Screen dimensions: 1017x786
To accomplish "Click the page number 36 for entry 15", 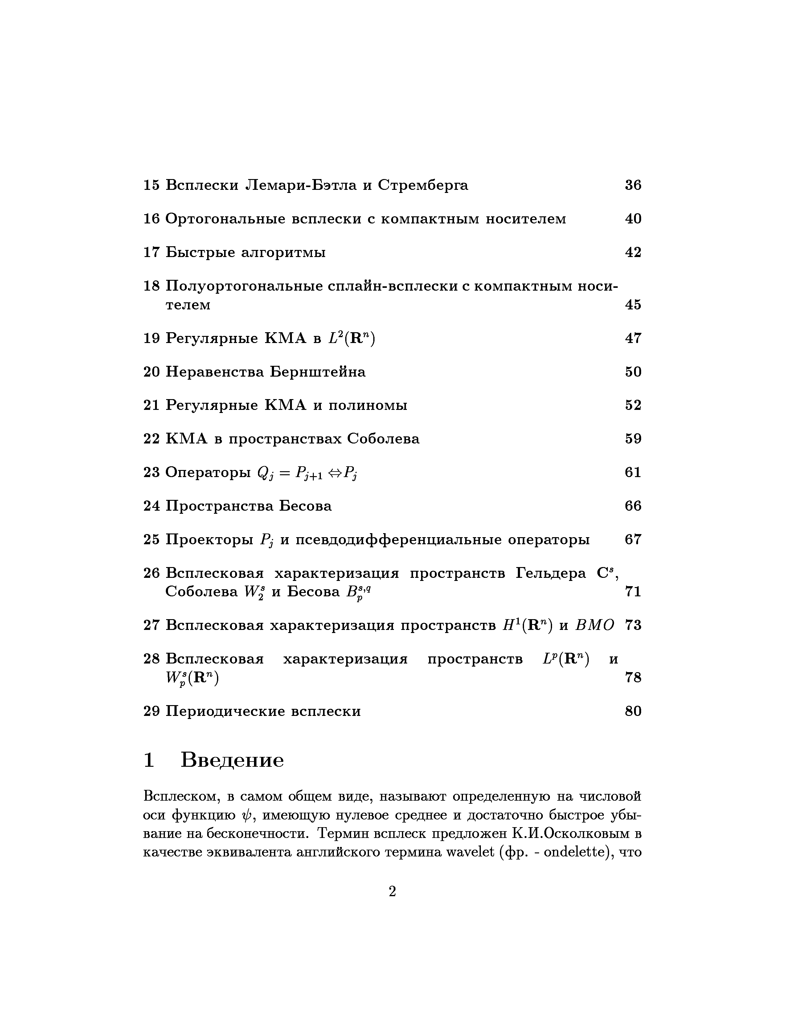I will (x=633, y=185).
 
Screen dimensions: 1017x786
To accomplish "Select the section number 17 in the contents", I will (x=151, y=252).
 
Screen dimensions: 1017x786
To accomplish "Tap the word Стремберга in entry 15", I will (x=423, y=185).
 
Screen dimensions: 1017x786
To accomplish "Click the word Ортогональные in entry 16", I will (x=225, y=219).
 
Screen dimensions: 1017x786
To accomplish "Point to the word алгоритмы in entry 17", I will (x=283, y=253).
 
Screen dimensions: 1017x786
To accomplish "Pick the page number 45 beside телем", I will (x=633, y=304).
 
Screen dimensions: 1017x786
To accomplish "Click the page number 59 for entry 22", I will (x=633, y=439).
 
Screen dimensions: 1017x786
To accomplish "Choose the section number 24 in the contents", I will (x=151, y=506).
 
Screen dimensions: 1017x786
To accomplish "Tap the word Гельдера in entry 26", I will (x=551, y=573).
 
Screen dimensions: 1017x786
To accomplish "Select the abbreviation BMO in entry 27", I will (x=595, y=625).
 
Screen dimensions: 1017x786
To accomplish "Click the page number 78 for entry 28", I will (x=633, y=677).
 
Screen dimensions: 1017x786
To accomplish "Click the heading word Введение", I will (x=232, y=760).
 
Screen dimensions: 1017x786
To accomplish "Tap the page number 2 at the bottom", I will (x=392, y=892).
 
